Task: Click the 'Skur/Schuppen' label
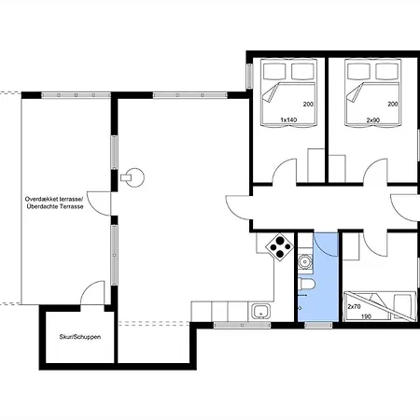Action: click(78, 337)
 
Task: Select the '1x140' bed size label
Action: click(289, 120)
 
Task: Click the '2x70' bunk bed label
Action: click(355, 306)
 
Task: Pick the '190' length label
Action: click(365, 316)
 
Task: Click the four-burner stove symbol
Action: click(278, 247)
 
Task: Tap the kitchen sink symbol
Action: click(260, 311)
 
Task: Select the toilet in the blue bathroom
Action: click(305, 285)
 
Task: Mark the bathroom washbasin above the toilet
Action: click(304, 264)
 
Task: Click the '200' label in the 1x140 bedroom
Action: click(307, 103)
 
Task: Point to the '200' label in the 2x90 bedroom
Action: click(393, 103)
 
